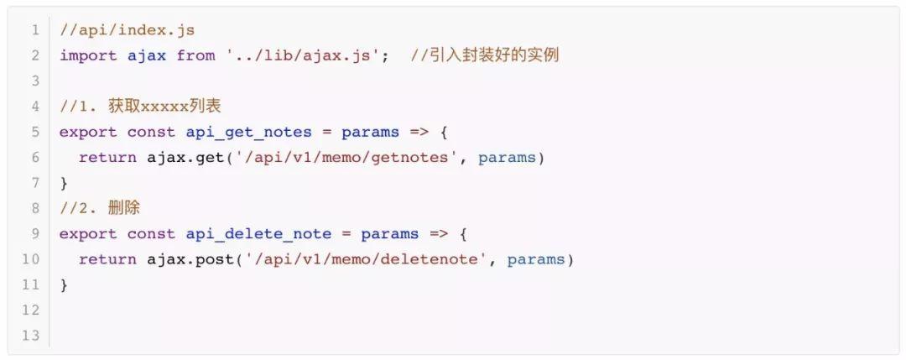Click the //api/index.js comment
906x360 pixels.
127,30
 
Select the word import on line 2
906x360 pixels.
88,55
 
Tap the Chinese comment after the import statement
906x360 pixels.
485,55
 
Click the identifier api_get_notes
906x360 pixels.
248,132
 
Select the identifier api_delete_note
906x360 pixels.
258,234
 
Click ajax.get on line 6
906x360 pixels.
185,158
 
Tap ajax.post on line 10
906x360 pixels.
190,259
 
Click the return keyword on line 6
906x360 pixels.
107,158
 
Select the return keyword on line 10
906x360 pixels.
107,259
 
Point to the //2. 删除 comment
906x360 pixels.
99,208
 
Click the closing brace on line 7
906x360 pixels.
64,183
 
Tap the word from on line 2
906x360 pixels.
195,55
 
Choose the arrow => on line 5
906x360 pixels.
419,132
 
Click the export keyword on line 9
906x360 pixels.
88,234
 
